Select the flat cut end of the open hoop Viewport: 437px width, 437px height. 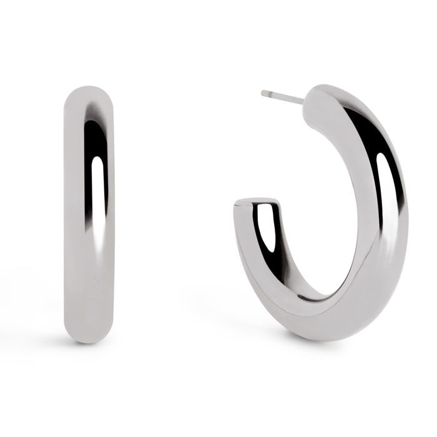[256, 203]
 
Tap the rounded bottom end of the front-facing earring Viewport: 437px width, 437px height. [89, 334]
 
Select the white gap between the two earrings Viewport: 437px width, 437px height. [175, 212]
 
